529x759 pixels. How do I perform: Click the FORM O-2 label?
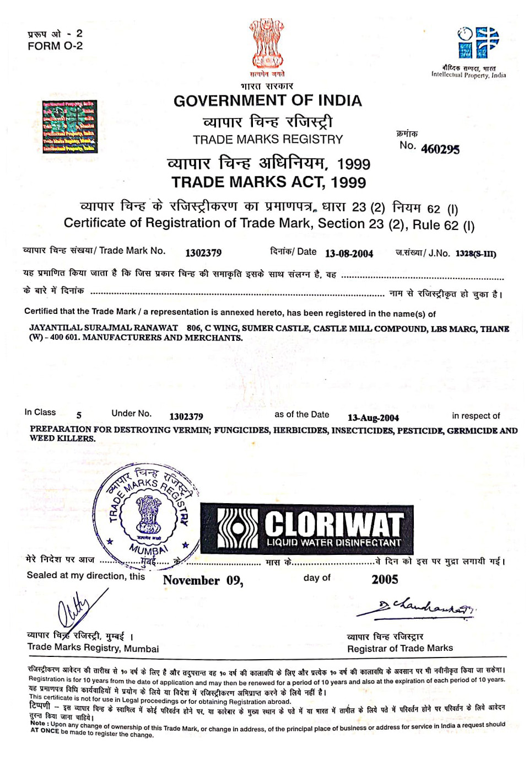tap(55, 46)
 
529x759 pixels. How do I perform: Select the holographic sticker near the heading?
tap(70, 126)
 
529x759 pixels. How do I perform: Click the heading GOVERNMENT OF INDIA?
tap(268, 101)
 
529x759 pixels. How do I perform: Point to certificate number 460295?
tap(440, 149)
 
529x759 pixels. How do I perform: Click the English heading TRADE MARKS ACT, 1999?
tap(268, 182)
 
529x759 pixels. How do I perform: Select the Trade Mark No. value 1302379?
tap(203, 253)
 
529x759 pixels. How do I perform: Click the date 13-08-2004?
tap(349, 254)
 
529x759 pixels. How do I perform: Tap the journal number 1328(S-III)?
tap(476, 254)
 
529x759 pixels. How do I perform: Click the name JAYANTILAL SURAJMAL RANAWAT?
tap(104, 328)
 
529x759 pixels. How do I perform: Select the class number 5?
tap(79, 415)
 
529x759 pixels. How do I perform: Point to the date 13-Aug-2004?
tap(373, 418)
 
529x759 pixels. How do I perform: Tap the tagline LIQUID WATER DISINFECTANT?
tap(334, 543)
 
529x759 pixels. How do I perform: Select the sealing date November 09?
tap(203, 580)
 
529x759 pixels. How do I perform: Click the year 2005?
tap(385, 579)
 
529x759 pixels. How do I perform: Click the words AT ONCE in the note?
tap(44, 730)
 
